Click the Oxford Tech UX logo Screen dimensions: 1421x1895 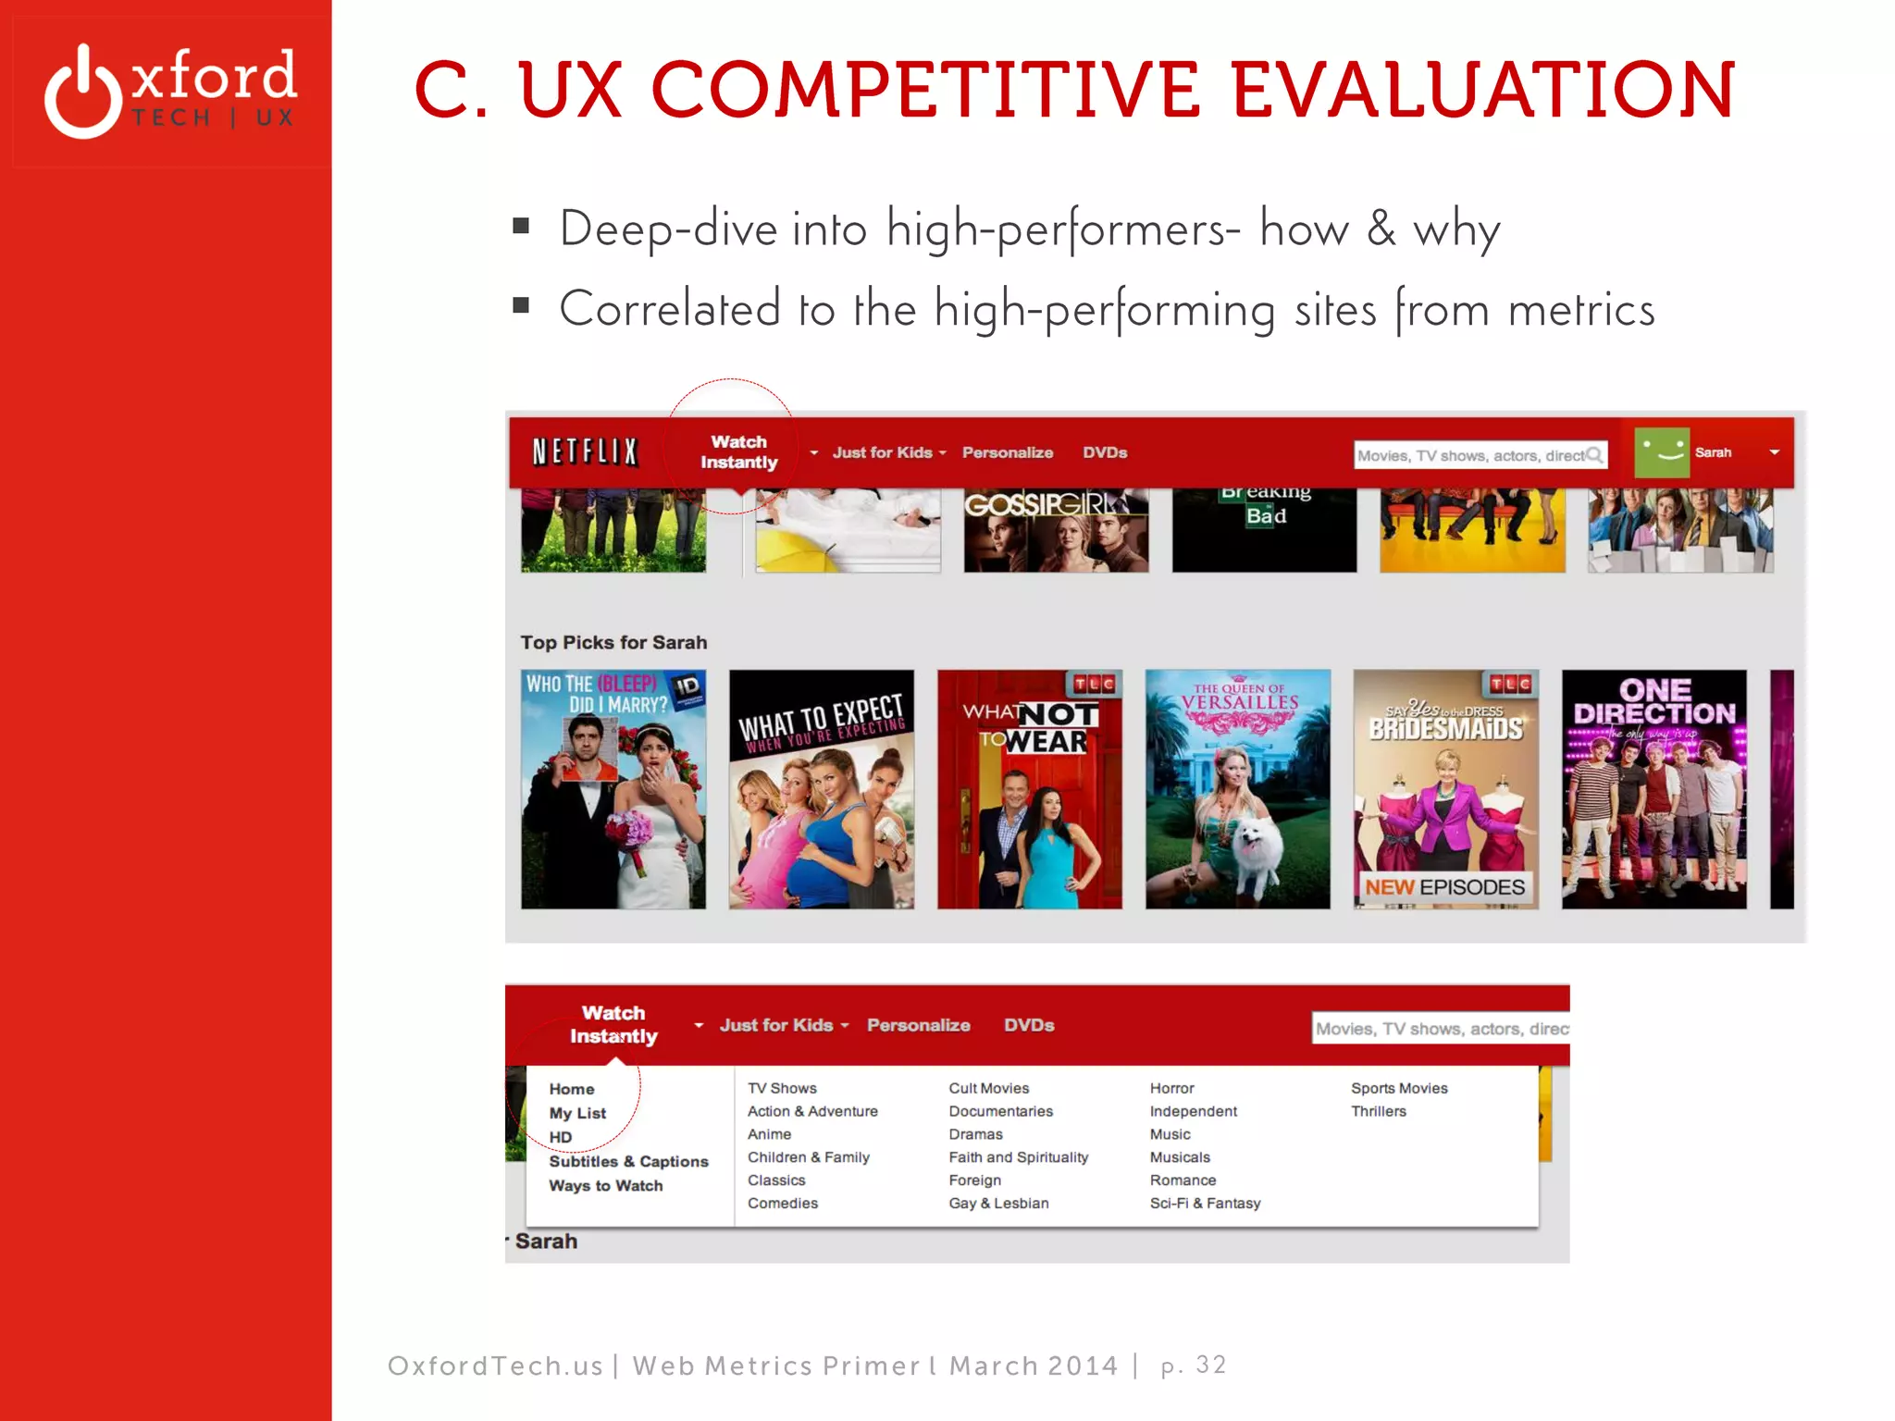click(x=171, y=91)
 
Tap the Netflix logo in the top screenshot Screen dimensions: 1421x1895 click(x=585, y=452)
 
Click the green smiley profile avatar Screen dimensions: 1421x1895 click(x=1662, y=452)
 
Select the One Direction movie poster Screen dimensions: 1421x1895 click(x=1653, y=788)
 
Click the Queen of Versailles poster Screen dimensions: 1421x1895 click(x=1237, y=788)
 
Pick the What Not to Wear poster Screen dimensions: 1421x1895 click(x=1029, y=788)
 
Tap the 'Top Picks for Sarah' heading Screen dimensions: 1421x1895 click(x=613, y=642)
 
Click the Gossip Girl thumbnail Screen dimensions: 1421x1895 click(x=1056, y=530)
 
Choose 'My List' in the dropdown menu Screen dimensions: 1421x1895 click(x=577, y=1113)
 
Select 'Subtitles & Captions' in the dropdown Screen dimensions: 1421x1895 click(x=628, y=1161)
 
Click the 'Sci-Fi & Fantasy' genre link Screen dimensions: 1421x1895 click(x=1205, y=1203)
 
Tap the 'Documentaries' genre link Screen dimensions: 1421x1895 click(x=1000, y=1111)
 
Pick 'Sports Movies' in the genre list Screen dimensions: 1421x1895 click(x=1399, y=1088)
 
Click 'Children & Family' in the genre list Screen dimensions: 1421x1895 click(x=809, y=1157)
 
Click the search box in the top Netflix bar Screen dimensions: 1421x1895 click(x=1471, y=455)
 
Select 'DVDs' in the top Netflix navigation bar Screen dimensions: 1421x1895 click(x=1105, y=452)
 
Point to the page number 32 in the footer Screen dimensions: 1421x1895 click(x=1210, y=1365)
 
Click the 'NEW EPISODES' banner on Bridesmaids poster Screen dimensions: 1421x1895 click(x=1444, y=887)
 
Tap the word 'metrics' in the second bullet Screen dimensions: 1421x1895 click(x=1581, y=310)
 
